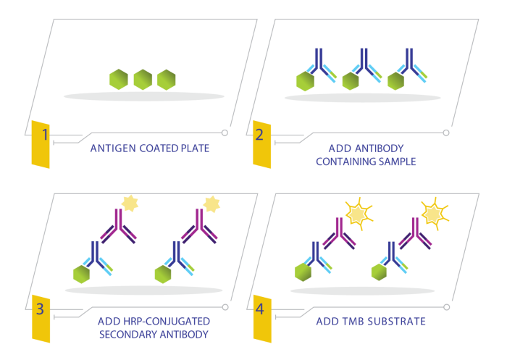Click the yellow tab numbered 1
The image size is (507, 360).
click(41, 143)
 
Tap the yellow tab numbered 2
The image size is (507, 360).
click(261, 143)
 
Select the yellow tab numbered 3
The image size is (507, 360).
click(41, 317)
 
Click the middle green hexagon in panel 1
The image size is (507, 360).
click(143, 80)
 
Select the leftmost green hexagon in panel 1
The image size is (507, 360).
click(119, 80)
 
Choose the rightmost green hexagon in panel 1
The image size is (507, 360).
click(167, 80)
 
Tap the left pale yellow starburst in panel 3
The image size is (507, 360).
click(130, 203)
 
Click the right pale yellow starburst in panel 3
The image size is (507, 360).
click(211, 204)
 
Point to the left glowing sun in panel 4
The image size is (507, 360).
click(357, 213)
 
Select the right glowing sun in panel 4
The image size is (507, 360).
click(433, 213)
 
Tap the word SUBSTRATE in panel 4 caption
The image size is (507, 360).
click(399, 320)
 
